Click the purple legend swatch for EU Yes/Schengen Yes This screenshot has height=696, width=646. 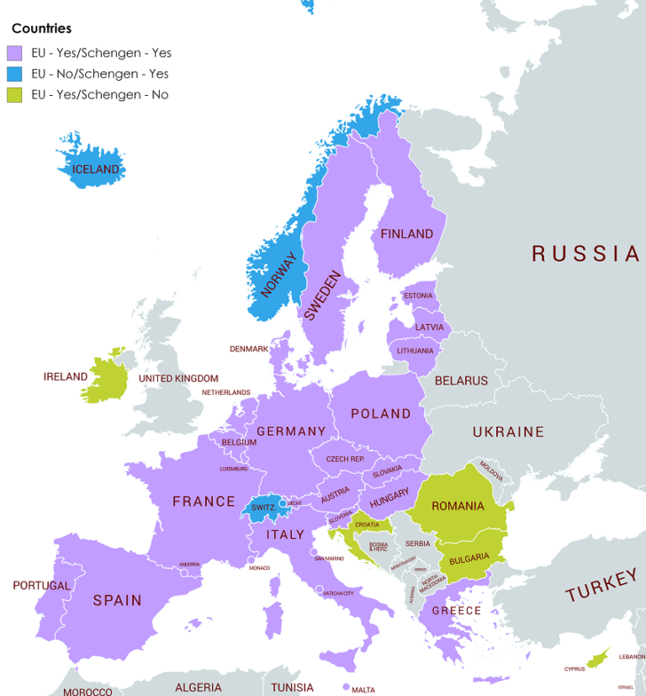(14, 53)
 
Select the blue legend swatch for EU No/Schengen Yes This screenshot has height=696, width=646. (14, 74)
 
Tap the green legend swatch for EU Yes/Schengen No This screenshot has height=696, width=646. (14, 95)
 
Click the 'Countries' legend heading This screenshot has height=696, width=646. (41, 29)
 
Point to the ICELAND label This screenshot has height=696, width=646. (96, 169)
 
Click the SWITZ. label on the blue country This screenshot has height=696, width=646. (263, 507)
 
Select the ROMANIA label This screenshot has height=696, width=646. (458, 506)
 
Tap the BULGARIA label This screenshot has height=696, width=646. (469, 557)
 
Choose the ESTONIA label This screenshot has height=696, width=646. (418, 296)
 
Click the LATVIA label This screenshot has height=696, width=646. (430, 327)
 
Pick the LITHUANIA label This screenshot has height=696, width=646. (416, 351)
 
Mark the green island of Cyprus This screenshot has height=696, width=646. (598, 657)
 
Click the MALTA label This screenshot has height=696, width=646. (363, 690)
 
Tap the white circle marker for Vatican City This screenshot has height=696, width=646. (319, 589)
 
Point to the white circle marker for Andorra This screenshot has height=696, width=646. (183, 572)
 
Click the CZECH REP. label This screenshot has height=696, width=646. (345, 460)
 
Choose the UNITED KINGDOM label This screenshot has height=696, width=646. (178, 379)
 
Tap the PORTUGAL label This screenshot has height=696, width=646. (41, 586)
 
